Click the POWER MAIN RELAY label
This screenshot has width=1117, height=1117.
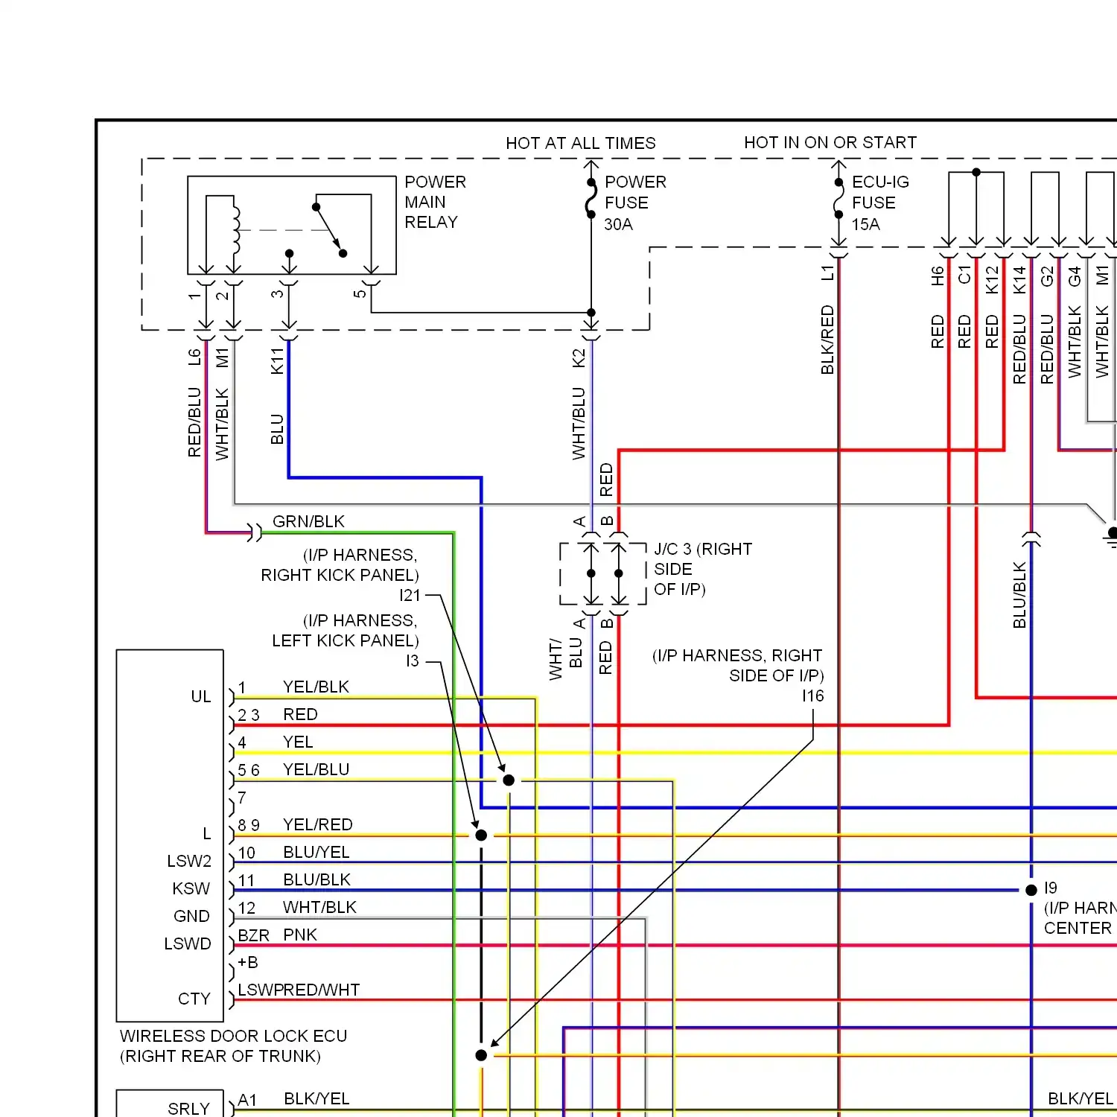(x=435, y=202)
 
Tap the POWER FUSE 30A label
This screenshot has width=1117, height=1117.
(x=635, y=203)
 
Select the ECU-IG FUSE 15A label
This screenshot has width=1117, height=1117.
(x=880, y=203)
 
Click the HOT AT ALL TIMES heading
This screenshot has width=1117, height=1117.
(x=581, y=143)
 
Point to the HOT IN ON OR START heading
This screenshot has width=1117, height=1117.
(x=830, y=142)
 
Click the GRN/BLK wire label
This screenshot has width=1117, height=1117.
(x=308, y=521)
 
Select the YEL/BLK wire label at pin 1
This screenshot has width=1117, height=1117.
(x=316, y=687)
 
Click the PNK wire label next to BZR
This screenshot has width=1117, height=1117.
(x=300, y=935)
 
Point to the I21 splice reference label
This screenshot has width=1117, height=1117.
(x=410, y=595)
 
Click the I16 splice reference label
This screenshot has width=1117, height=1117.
(x=813, y=696)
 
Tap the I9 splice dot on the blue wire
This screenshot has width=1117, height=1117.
(x=1031, y=890)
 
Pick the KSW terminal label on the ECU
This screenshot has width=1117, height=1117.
(x=191, y=888)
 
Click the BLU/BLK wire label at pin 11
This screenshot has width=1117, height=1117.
(x=316, y=879)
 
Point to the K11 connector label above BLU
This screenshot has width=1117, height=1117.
(x=277, y=361)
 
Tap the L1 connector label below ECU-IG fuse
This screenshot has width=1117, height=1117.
(x=827, y=273)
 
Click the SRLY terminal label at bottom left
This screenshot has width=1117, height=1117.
(x=188, y=1109)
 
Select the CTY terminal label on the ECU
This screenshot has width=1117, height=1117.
(x=194, y=999)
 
